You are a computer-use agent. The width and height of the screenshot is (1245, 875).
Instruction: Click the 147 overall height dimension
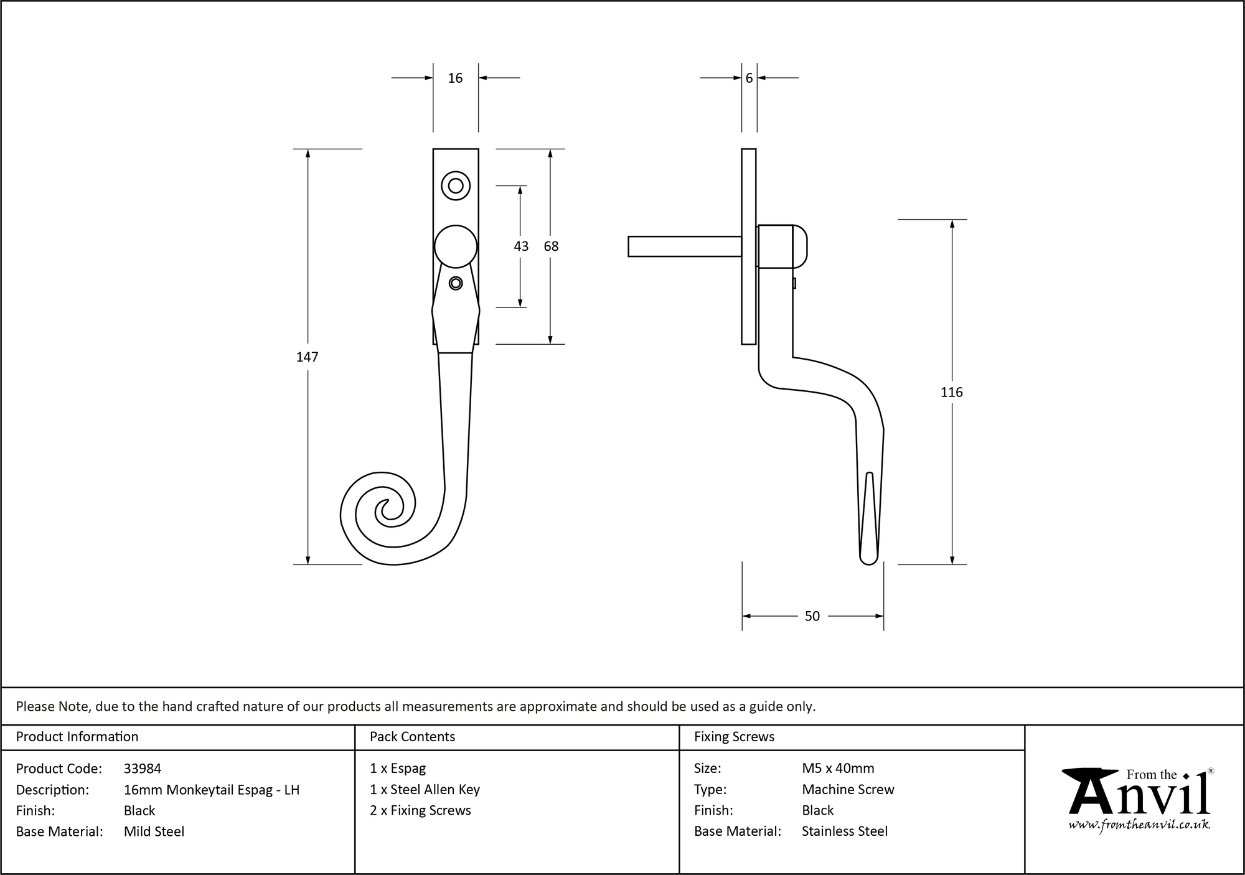tap(307, 357)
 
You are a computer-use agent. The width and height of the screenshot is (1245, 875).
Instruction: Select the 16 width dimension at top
tap(455, 78)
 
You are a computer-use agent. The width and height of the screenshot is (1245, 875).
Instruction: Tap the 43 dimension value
tap(521, 246)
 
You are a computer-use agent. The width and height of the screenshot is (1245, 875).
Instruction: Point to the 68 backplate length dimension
tap(551, 246)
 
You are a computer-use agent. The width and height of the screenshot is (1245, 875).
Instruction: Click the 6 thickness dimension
tap(749, 78)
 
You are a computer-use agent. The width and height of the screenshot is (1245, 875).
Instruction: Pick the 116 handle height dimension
tap(951, 392)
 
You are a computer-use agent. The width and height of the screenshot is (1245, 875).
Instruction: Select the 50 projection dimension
tap(812, 616)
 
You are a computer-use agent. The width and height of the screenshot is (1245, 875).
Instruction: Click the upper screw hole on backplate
tap(456, 185)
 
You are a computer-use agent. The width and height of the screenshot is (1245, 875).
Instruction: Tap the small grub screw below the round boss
tap(456, 283)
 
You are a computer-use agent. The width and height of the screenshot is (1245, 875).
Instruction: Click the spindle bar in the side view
tap(684, 246)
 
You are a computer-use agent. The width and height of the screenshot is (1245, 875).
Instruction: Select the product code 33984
tap(143, 769)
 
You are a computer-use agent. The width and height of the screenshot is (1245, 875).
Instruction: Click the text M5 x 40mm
tap(838, 769)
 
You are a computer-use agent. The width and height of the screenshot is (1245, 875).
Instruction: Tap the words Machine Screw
tap(848, 790)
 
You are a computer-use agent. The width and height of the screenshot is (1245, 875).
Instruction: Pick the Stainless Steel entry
tap(844, 831)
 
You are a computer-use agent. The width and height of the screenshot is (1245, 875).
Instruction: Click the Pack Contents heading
tap(412, 737)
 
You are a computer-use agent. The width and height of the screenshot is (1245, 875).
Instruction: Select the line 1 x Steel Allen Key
tap(425, 790)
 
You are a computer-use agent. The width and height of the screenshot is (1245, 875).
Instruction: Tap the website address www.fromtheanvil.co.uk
tap(1139, 825)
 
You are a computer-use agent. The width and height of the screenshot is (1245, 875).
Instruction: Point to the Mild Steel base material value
tap(154, 831)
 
